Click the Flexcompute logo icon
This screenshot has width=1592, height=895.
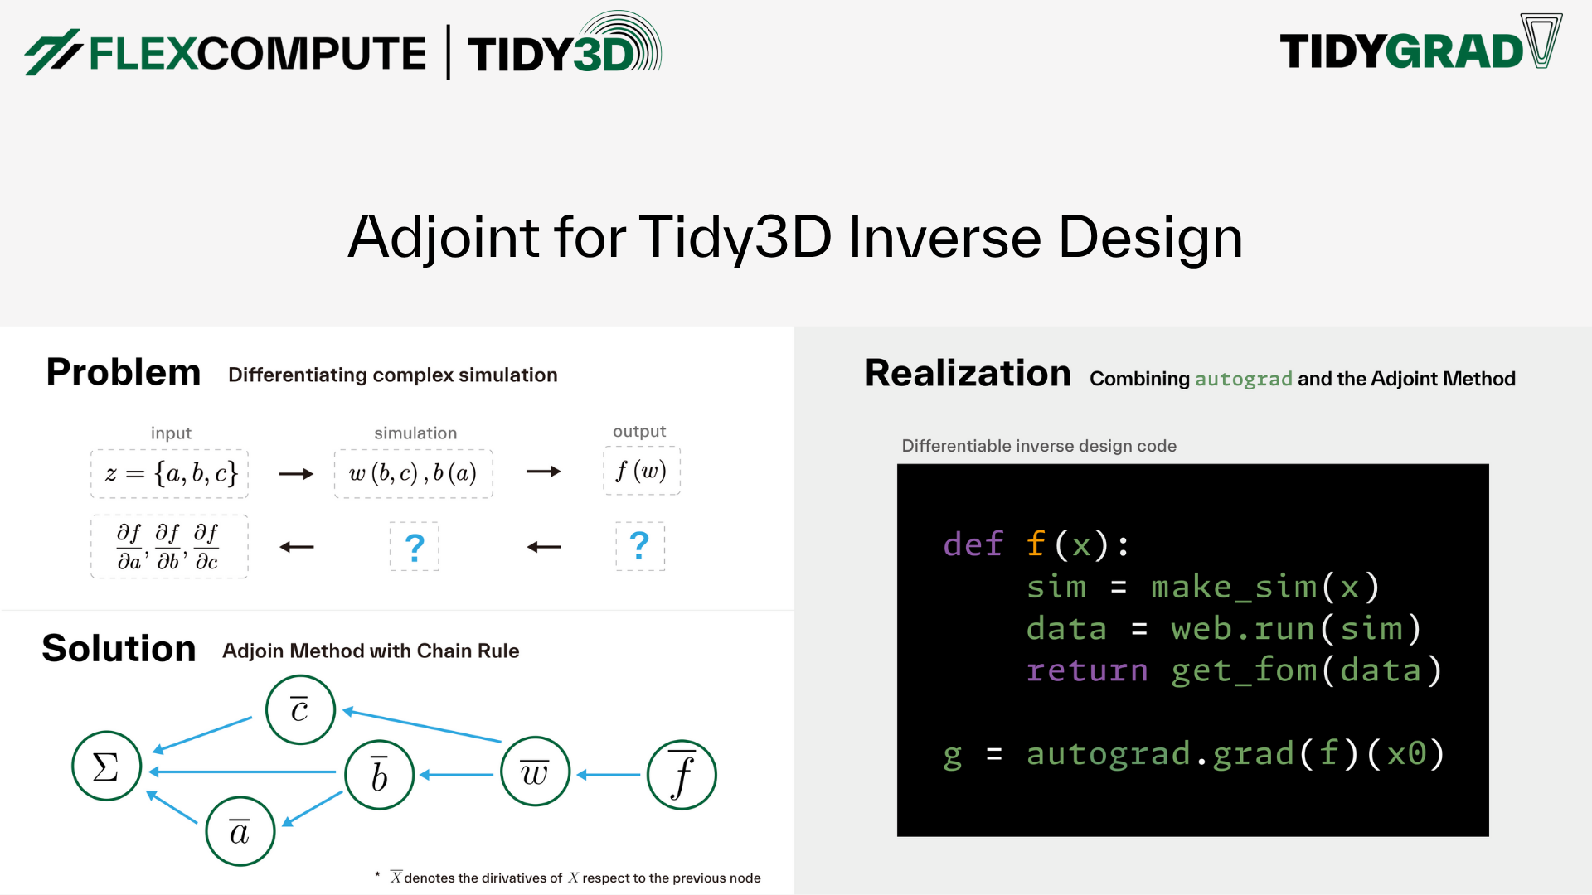[52, 52]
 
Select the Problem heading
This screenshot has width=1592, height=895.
[124, 372]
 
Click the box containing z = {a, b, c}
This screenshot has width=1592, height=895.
[170, 474]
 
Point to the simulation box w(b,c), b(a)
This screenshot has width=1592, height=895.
[413, 474]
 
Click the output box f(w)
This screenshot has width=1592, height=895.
[641, 472]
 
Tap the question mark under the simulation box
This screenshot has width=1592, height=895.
[415, 547]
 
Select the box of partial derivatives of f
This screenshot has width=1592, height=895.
[168, 547]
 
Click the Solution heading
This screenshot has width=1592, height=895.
[119, 649]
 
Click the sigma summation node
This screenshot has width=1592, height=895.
[106, 767]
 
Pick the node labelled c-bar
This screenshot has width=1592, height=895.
[300, 710]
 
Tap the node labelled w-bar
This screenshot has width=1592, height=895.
[535, 772]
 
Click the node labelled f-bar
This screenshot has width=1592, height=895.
[681, 775]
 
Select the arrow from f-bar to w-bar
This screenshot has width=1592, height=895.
[609, 775]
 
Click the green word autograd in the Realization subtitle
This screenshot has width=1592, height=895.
[1243, 380]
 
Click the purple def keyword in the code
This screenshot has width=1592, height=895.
[973, 545]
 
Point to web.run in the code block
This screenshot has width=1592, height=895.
[1242, 629]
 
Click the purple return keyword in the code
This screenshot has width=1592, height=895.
[1087, 670]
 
